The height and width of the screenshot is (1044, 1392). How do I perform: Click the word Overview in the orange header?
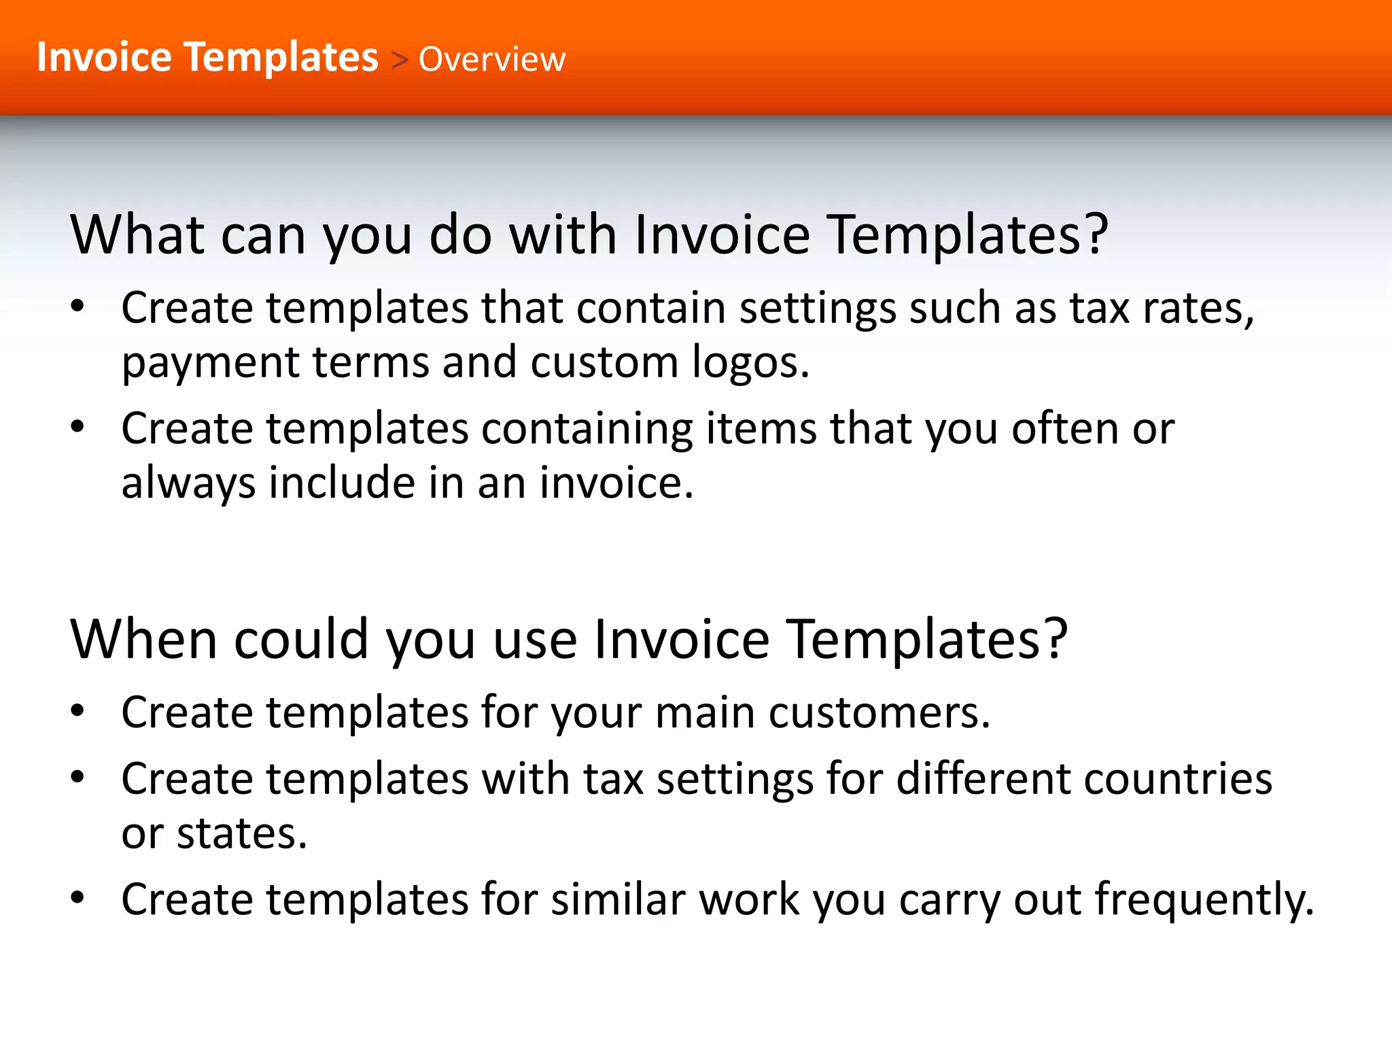tap(491, 59)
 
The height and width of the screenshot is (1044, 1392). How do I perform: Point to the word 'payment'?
tap(210, 363)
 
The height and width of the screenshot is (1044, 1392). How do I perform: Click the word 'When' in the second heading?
tap(143, 640)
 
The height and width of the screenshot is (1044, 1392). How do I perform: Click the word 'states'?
tap(241, 834)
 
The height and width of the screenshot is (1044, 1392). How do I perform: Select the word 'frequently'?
tap(1204, 901)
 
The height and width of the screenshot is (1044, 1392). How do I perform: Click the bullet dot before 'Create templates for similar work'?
tap(77, 898)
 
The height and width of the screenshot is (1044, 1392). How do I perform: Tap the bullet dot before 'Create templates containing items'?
tap(77, 427)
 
